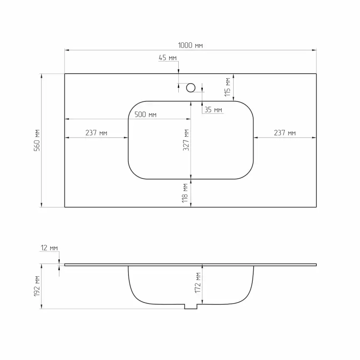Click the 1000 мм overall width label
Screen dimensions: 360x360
[190, 45]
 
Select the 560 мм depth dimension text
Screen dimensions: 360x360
[37, 140]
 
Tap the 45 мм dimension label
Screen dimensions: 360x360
[168, 58]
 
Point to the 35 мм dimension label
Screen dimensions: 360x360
[213, 110]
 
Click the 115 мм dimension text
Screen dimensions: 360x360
[227, 87]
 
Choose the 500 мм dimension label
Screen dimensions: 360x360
[145, 114]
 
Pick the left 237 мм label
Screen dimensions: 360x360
[96, 133]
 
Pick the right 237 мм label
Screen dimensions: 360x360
[285, 133]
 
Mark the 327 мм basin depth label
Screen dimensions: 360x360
[186, 140]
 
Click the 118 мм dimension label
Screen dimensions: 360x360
[185, 193]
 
